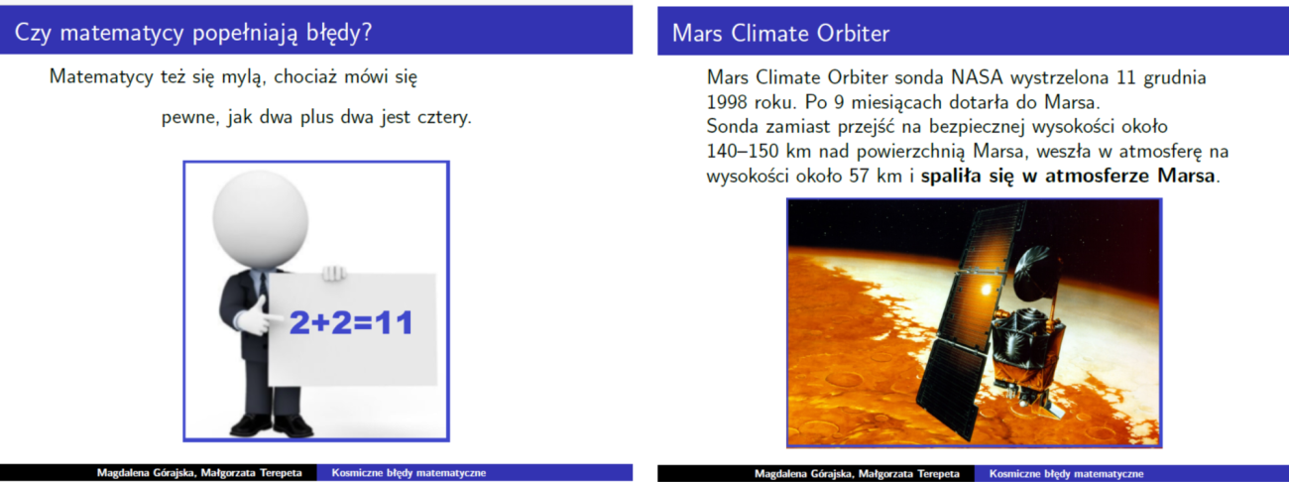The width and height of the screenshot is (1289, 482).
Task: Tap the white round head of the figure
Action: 261,219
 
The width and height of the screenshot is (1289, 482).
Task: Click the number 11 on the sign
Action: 394,322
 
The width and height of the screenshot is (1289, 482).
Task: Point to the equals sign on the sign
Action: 362,323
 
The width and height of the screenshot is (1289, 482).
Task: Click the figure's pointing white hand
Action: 258,315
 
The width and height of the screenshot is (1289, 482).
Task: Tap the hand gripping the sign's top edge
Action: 334,273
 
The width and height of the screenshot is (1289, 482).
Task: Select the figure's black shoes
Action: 272,425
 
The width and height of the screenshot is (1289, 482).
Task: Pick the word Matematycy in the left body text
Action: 101,77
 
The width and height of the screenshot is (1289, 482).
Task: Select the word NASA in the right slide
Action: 977,77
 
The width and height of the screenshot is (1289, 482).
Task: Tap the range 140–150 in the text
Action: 743,152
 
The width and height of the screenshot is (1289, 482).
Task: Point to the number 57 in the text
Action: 859,176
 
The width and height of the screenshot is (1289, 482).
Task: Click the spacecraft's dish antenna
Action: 1037,275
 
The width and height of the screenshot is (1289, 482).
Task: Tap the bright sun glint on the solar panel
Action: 986,288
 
